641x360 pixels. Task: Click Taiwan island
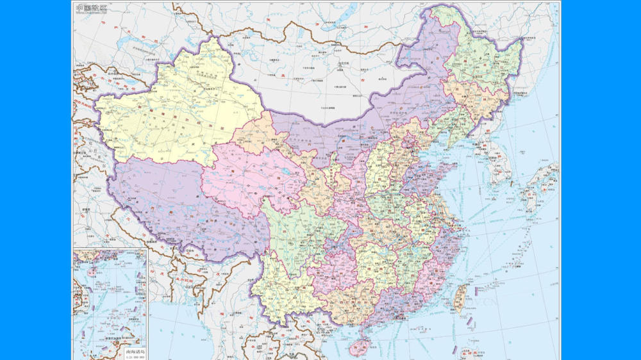tap(460, 299)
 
